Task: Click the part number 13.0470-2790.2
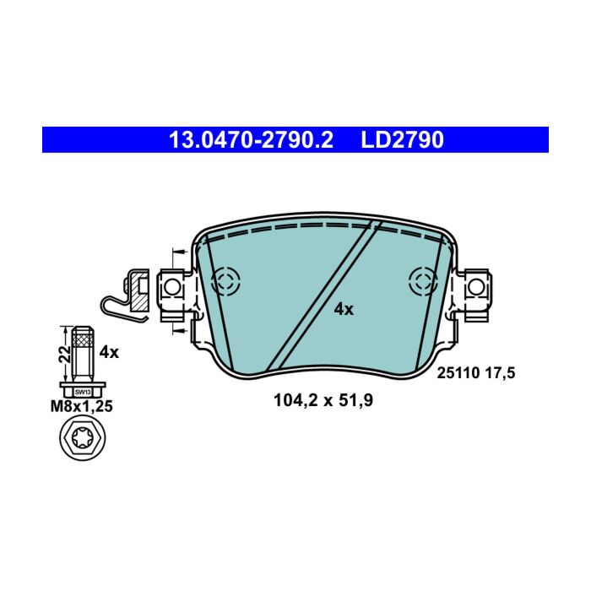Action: pos(251,140)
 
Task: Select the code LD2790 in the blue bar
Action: pos(402,140)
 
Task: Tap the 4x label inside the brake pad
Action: pos(344,310)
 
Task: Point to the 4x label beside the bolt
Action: pos(109,352)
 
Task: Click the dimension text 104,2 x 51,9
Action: pos(323,400)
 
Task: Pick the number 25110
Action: pos(458,373)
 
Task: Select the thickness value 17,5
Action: pos(500,373)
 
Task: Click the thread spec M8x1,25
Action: pos(82,406)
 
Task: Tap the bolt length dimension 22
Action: pos(65,354)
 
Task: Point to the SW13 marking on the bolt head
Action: pos(83,392)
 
